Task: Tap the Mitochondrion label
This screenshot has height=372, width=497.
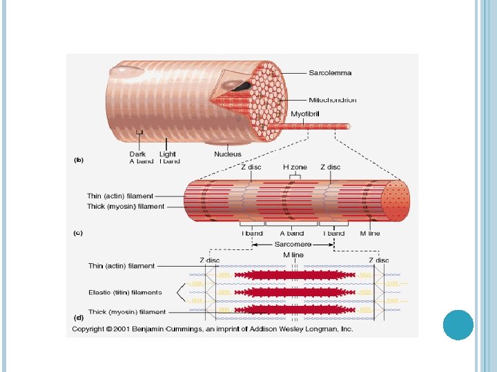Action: click(x=333, y=100)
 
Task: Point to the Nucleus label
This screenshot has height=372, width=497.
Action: click(x=228, y=154)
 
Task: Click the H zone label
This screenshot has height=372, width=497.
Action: click(x=295, y=167)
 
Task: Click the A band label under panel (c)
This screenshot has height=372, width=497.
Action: click(x=295, y=234)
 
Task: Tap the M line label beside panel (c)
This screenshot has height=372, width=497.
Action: click(x=369, y=234)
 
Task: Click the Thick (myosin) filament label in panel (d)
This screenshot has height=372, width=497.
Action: click(x=127, y=312)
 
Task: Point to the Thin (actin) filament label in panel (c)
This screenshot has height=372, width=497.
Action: click(x=120, y=196)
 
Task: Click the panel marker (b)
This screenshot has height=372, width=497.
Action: click(x=79, y=160)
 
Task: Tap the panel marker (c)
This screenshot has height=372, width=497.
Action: click(x=79, y=233)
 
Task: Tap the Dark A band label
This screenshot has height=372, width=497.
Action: click(x=142, y=157)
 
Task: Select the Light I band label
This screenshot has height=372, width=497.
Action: click(x=169, y=157)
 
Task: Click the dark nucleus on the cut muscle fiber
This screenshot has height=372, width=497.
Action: click(x=242, y=87)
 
